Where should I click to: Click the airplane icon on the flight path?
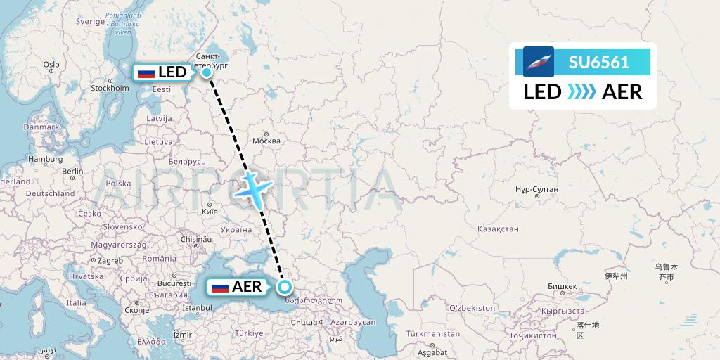point(253,188)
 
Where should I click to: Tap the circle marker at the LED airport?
point(207,72)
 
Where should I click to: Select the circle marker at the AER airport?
point(285,286)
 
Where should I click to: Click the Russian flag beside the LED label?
point(146,72)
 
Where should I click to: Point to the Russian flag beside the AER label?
point(220,287)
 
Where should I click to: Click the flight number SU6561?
point(599,62)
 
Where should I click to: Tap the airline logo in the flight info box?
point(539,62)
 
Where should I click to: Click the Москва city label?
point(266,141)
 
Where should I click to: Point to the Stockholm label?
point(110,89)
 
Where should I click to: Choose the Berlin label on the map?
point(72,171)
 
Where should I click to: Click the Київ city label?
point(210,210)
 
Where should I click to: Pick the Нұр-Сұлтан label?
point(536,189)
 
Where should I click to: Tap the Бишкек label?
point(562,286)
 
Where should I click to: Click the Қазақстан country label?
point(498,229)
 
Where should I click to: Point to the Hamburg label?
point(46,159)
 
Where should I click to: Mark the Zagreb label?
point(110,260)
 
